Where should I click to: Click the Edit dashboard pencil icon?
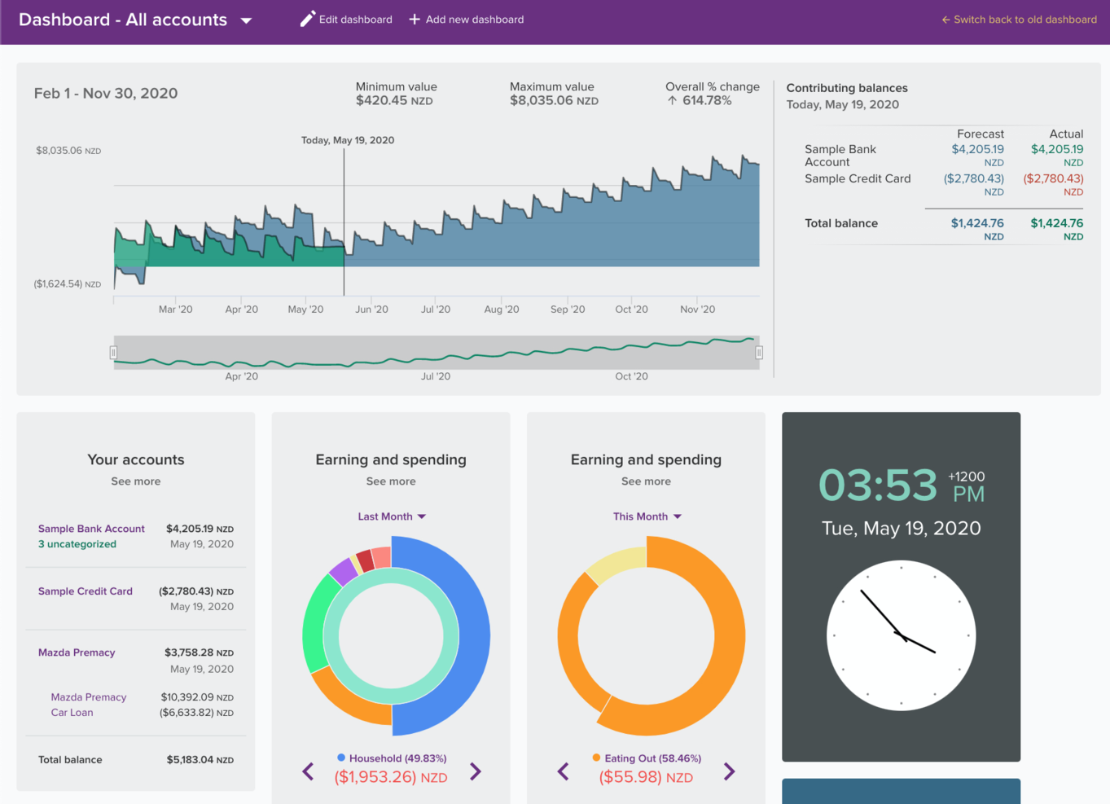point(307,19)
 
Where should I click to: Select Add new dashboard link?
point(467,20)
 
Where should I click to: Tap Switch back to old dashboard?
point(1019,20)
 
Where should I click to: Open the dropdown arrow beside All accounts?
point(246,20)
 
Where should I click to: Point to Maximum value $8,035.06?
point(554,100)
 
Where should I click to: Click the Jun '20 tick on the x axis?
point(371,309)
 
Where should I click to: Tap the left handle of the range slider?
point(113,353)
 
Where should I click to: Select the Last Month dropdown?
point(391,516)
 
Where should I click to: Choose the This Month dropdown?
point(647,516)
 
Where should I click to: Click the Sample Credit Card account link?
point(86,591)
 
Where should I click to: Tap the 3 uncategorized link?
point(77,544)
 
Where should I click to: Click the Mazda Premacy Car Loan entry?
point(88,705)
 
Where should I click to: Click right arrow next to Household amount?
point(476,771)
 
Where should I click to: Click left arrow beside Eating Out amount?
point(563,771)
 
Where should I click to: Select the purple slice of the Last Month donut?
point(343,571)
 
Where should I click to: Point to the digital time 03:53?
point(878,485)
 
